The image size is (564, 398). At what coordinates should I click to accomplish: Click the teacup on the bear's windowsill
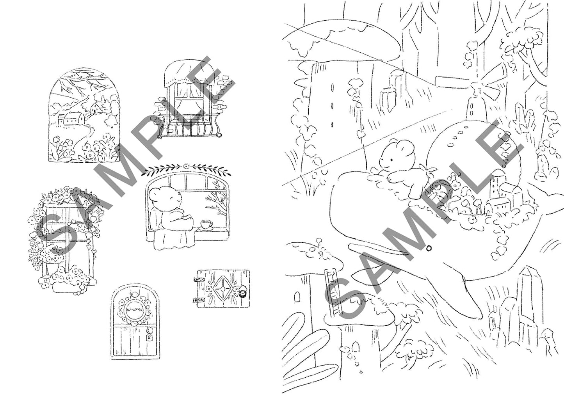pos(206,224)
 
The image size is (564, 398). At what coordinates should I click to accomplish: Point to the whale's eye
pos(429,247)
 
